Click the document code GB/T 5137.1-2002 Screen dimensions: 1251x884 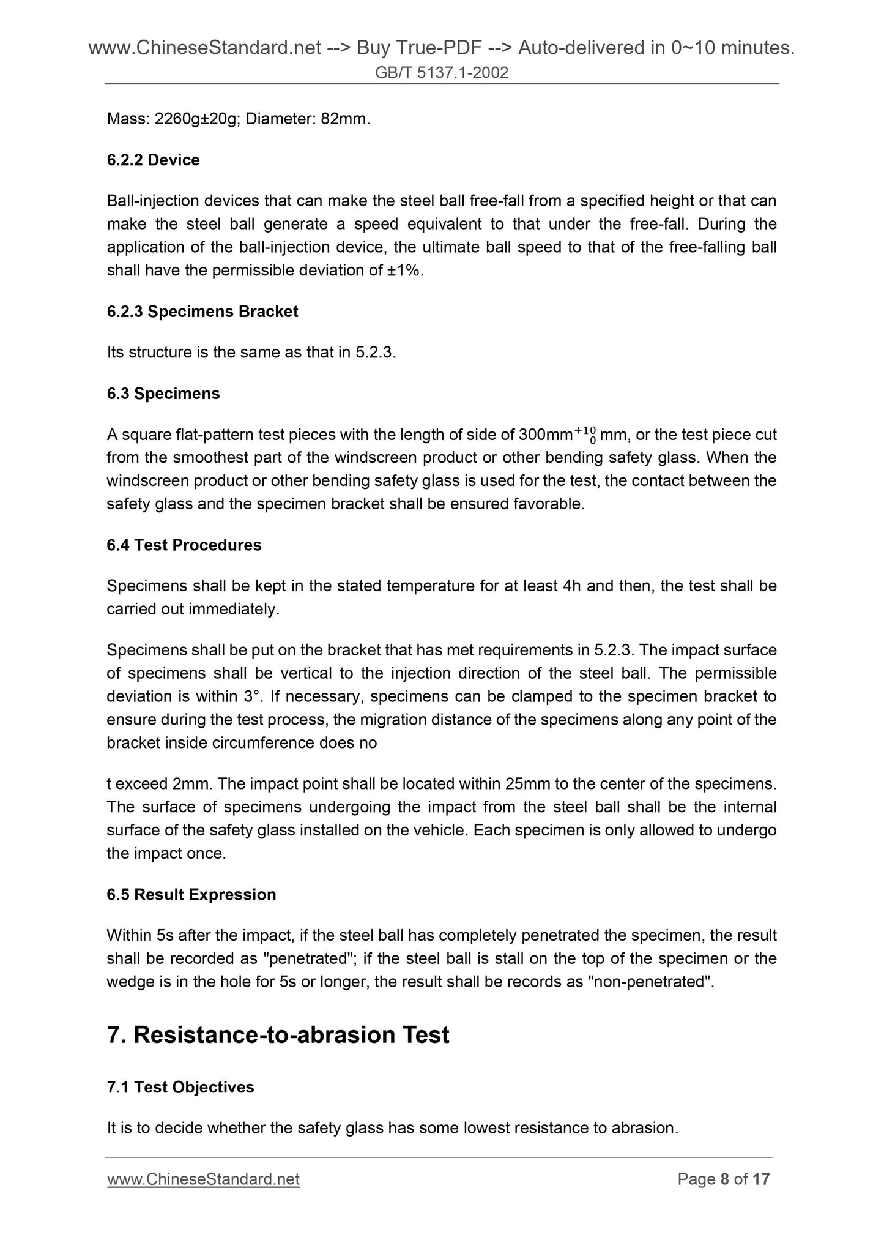click(442, 73)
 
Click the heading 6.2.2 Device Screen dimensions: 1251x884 click(153, 160)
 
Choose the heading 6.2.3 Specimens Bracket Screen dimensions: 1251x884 click(202, 312)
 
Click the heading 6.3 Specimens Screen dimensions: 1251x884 click(163, 394)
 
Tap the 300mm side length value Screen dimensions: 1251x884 click(545, 435)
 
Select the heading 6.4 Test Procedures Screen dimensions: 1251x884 click(184, 545)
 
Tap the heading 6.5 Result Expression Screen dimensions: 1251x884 click(191, 894)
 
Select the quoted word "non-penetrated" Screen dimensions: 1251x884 click(650, 982)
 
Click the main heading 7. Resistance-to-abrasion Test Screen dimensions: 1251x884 click(278, 1035)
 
